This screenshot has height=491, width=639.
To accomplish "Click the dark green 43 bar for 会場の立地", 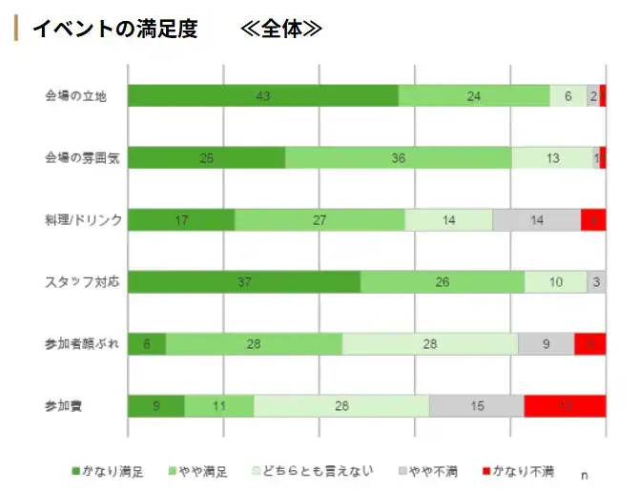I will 262,95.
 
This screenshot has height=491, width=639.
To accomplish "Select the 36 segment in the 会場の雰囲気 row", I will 398,158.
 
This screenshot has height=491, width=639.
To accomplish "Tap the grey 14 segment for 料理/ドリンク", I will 536,219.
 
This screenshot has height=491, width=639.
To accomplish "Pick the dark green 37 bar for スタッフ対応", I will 243,282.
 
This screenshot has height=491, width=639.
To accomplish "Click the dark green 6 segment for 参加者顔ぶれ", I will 147,343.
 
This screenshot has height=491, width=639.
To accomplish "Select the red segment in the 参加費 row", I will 565,405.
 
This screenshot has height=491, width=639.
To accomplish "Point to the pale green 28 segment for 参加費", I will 341,405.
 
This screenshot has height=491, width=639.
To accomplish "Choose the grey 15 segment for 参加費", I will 476,405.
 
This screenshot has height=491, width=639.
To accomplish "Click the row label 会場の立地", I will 82,95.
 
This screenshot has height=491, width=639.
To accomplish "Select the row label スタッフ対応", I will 82,282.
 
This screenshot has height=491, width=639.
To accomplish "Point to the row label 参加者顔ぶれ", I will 82,343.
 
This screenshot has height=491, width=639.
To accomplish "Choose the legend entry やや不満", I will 428,471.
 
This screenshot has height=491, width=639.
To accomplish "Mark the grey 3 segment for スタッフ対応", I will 596,282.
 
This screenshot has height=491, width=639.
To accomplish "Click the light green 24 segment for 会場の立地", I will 473,95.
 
